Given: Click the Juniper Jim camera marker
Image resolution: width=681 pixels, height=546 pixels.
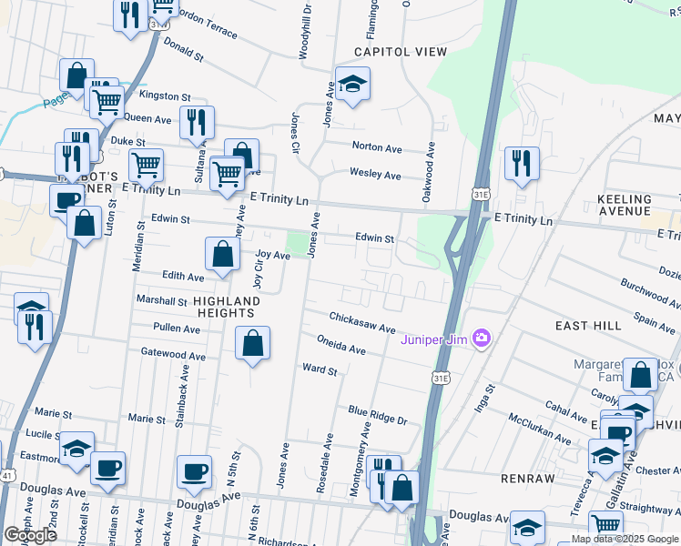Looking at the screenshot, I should coord(482,339).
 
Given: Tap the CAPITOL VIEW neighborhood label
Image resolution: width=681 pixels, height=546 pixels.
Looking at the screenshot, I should coord(390,52).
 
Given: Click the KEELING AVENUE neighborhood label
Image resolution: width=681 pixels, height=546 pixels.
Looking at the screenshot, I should coord(624,206).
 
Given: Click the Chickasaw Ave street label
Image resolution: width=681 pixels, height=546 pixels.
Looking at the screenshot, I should coord(362,322).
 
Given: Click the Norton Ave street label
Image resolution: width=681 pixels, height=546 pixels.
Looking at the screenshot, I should coord(377,147).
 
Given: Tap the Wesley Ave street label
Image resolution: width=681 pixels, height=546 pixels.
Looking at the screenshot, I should coord(376,174).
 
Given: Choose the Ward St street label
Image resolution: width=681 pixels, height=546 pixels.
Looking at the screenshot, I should coord(320,370).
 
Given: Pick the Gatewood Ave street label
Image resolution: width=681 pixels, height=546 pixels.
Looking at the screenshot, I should coord(173,353).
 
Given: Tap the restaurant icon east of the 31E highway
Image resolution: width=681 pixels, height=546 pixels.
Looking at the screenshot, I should coord(522,164).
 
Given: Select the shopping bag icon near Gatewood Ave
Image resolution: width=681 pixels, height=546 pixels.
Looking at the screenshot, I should coord(252,344).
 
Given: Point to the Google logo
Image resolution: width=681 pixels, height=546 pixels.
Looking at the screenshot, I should coord(30,535).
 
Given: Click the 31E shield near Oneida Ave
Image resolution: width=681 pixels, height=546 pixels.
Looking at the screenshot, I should coord(442,377).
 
